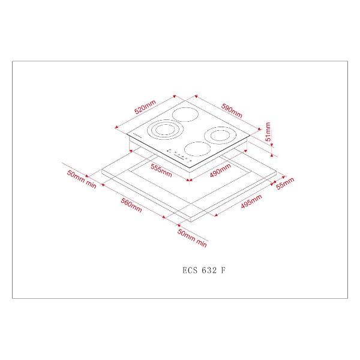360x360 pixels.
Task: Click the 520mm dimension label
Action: (145, 107)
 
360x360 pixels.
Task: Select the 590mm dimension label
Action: (232, 110)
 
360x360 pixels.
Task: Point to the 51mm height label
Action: (268, 132)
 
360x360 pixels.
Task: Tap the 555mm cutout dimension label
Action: (161, 170)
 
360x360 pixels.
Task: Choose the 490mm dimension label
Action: (220, 170)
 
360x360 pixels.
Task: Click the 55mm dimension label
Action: (284, 183)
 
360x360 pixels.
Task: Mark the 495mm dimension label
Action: (251, 202)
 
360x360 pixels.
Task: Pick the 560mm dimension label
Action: (131, 205)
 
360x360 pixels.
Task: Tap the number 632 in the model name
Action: (209, 270)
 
